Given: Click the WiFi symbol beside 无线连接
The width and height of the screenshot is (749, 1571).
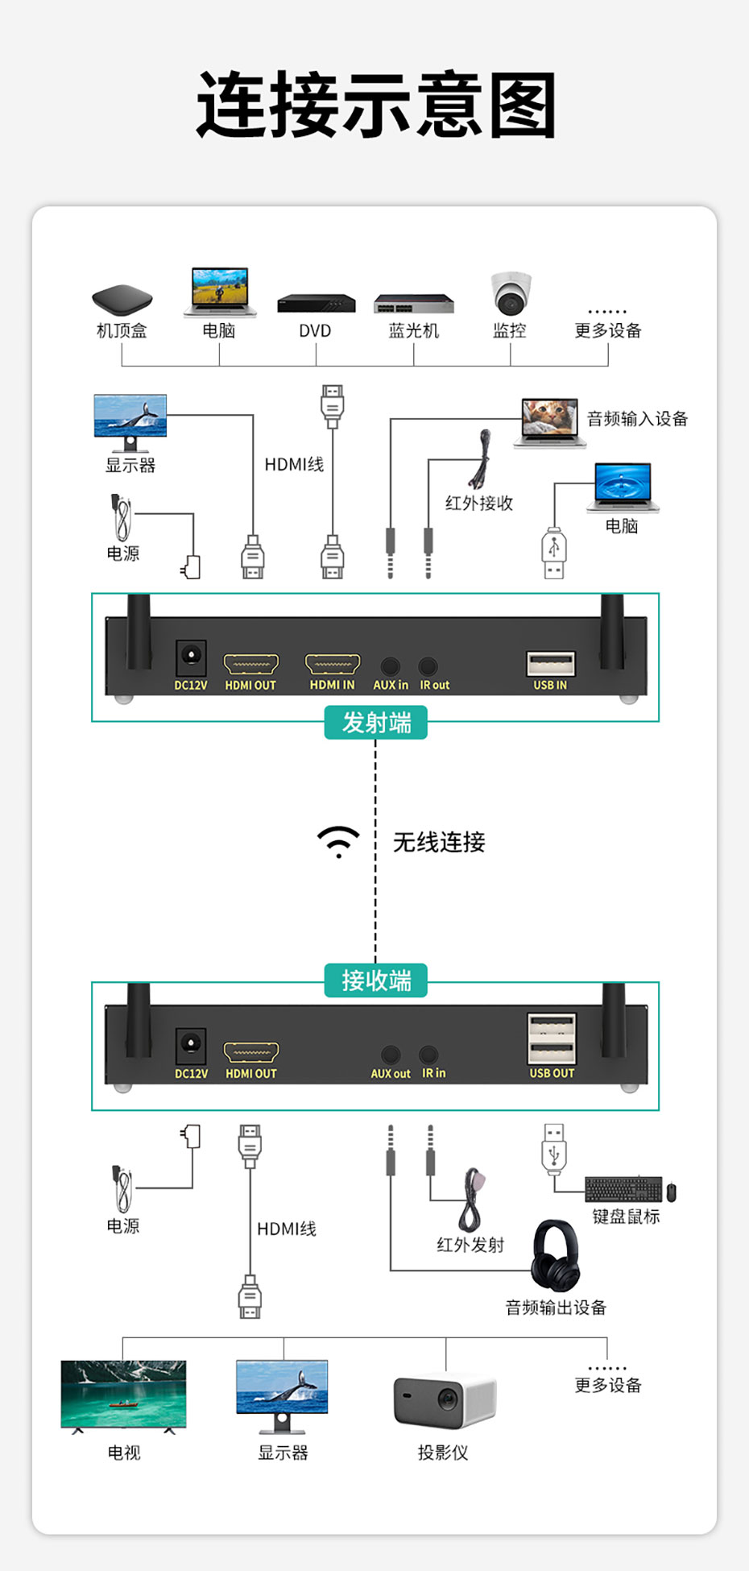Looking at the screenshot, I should [x=338, y=841].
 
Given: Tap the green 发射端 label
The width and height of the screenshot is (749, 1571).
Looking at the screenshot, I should [x=376, y=723].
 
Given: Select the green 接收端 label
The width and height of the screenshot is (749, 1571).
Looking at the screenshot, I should [x=376, y=980].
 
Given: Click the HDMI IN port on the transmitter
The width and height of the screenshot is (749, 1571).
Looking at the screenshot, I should [x=332, y=664].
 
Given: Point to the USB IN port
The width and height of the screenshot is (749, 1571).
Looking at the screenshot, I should [x=551, y=664].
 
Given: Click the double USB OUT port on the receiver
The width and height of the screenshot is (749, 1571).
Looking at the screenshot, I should [x=552, y=1038].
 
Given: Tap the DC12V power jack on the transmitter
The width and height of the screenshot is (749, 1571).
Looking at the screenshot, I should [x=191, y=657].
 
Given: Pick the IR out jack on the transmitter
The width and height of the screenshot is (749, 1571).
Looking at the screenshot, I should [x=428, y=666].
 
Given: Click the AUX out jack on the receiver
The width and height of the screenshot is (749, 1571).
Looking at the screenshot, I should [x=391, y=1055].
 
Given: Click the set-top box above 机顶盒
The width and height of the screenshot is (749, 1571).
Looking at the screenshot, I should [x=122, y=300].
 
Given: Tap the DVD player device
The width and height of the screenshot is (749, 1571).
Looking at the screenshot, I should [x=316, y=303].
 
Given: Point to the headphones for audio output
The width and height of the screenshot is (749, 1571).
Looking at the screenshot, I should [x=555, y=1255].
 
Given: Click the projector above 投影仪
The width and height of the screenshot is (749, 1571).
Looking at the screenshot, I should [x=445, y=1403].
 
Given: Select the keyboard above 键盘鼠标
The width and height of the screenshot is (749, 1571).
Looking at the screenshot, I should [x=623, y=1189].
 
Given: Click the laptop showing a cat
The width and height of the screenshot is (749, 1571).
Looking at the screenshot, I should [x=549, y=421].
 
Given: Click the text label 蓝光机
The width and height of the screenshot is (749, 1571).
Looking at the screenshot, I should [x=414, y=330].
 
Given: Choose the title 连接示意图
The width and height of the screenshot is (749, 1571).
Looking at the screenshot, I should [x=376, y=106].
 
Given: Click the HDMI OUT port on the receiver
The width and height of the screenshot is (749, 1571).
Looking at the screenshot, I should [x=251, y=1052].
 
